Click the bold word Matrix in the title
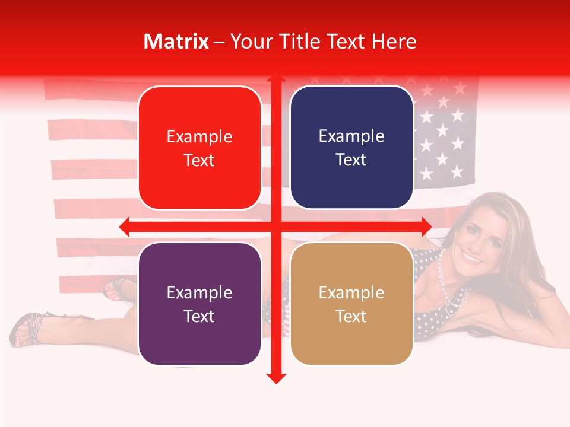point(176,42)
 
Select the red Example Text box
point(199,148)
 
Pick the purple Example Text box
point(199,304)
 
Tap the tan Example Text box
point(351,304)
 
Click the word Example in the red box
point(199,137)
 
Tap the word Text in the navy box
point(351,160)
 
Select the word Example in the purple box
point(199,292)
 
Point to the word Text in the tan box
point(351,316)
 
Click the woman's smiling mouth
point(472,258)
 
